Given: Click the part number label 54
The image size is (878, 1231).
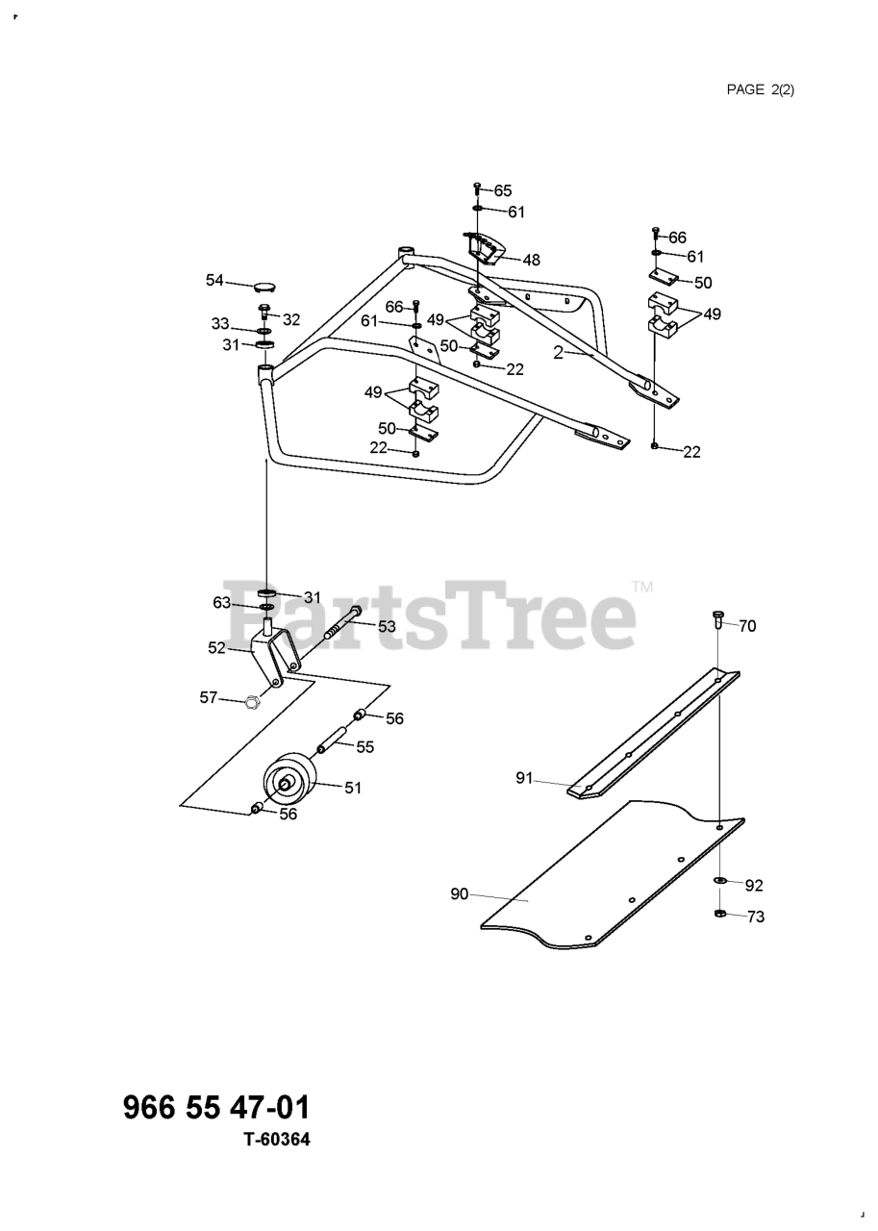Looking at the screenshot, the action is point(214,280).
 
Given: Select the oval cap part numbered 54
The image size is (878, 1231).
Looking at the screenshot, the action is point(263,285).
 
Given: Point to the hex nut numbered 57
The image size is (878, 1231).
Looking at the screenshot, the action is point(251,702).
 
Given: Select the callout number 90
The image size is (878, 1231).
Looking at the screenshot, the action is point(459,893).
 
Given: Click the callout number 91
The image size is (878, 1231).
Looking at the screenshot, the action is point(524,778).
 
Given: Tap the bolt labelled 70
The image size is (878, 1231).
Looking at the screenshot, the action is point(718,619).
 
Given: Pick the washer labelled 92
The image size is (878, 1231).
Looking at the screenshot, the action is point(720,881).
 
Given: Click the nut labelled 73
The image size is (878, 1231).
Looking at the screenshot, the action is point(720,914).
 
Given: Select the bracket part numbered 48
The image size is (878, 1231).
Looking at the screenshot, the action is point(486,249).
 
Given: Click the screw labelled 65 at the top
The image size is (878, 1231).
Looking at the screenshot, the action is point(477,188).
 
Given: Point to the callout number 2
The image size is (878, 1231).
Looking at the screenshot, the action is point(558,353).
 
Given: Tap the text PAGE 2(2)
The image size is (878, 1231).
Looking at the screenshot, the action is point(760,89).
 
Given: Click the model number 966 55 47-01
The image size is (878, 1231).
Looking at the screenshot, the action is point(217,1107).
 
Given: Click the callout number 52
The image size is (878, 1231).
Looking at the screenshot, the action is point(216,647).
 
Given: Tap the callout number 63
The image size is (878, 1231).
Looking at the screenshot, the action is point(222,603).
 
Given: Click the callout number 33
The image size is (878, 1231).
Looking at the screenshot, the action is point(221,323).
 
